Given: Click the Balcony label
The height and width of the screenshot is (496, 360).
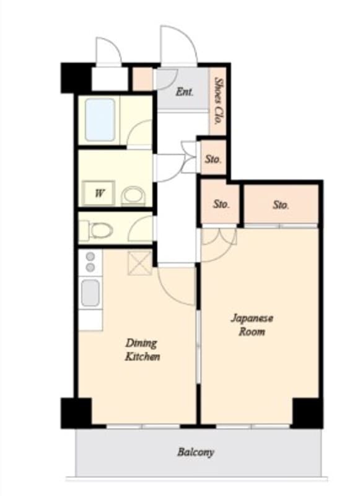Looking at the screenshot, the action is click(x=195, y=452).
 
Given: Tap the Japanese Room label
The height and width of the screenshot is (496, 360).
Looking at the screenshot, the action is click(x=252, y=325).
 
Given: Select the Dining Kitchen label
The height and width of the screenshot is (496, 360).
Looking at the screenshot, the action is click(x=143, y=350).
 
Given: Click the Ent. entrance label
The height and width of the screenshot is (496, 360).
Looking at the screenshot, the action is click(x=184, y=92).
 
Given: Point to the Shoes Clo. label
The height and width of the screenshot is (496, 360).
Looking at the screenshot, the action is click(x=217, y=100).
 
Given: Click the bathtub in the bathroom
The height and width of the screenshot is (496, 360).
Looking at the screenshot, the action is click(x=100, y=120).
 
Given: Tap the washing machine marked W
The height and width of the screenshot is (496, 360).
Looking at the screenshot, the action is click(x=99, y=193).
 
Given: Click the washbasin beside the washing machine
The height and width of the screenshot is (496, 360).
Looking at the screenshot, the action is click(x=133, y=196).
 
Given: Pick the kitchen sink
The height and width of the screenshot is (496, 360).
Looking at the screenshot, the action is click(x=90, y=293).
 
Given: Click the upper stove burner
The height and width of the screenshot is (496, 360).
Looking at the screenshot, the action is click(x=90, y=256).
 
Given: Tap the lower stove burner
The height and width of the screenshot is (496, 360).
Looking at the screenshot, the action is click(x=90, y=268).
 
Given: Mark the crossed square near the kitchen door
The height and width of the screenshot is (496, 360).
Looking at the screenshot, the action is click(x=140, y=263).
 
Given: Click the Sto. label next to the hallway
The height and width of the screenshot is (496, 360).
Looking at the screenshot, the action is click(x=213, y=159).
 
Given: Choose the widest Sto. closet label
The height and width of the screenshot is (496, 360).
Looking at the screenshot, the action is click(x=281, y=205).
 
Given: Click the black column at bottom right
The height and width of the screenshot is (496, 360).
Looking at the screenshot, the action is click(x=307, y=413).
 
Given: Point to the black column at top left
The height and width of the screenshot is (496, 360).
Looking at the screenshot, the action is click(x=76, y=78).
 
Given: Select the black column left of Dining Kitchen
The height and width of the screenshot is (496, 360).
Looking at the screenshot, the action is click(x=76, y=413).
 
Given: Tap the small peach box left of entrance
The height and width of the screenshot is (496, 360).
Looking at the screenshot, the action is click(x=143, y=79).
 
